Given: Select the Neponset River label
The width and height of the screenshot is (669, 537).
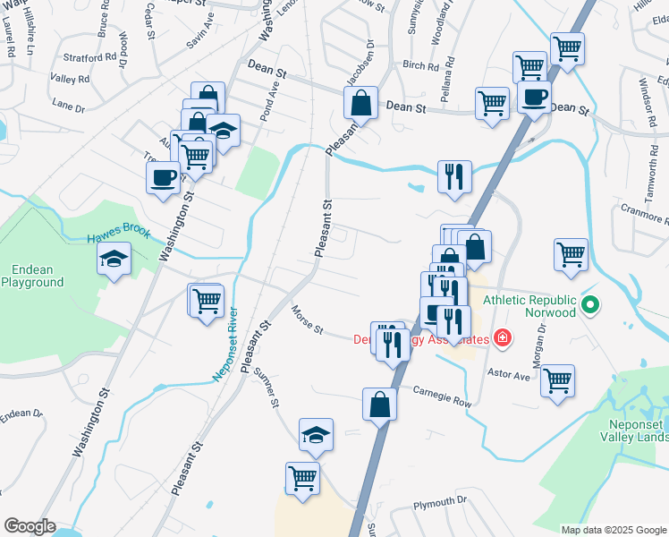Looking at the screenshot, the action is pyautogui.click(x=224, y=345).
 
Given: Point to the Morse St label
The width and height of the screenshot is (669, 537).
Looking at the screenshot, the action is pyautogui.click(x=307, y=320).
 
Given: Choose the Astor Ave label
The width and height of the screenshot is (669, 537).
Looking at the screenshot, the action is pyautogui.click(x=508, y=376).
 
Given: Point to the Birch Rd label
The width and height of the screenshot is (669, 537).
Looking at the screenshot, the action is pyautogui.click(x=420, y=64).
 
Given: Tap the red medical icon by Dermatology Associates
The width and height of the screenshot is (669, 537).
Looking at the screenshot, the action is pyautogui.click(x=503, y=338).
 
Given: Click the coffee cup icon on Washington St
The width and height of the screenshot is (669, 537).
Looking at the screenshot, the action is pyautogui.click(x=164, y=177).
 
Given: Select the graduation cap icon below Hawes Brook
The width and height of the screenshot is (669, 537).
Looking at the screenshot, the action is pyautogui.click(x=114, y=260).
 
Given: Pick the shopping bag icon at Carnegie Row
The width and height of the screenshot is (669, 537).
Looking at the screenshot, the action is pyautogui.click(x=379, y=403).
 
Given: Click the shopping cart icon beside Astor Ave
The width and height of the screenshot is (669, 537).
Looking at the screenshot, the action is pyautogui.click(x=558, y=379).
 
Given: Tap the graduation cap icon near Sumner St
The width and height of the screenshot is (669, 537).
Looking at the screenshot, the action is pyautogui.click(x=316, y=434).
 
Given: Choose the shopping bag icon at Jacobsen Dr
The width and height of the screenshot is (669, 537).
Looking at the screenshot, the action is pyautogui.click(x=361, y=103).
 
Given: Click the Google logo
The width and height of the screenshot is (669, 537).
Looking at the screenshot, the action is pyautogui.click(x=30, y=526).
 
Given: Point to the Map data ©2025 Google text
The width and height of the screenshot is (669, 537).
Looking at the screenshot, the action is pyautogui.click(x=614, y=530).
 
